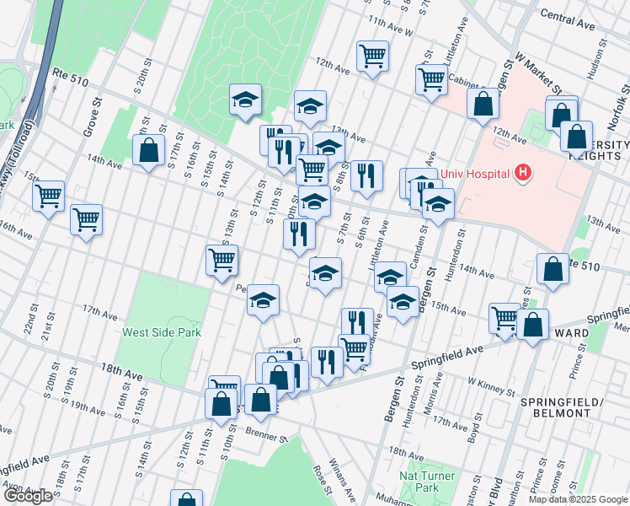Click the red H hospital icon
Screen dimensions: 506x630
523,173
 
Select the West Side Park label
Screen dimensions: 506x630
161,332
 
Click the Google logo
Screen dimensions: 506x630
27,496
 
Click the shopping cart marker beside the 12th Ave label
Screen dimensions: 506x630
372,57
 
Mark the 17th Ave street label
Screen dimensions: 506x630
100,314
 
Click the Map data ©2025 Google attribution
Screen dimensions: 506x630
578,499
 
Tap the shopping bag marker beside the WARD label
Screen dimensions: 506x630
532,324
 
